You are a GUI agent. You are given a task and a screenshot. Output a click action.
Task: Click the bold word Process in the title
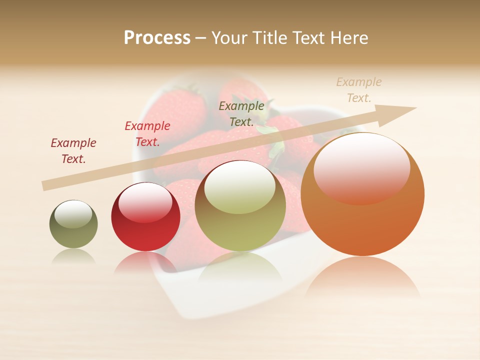pyautogui.click(x=157, y=38)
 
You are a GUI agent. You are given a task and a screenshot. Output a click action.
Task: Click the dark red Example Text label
pyautogui.click(x=73, y=151)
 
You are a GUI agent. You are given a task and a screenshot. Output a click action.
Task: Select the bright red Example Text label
pyautogui.click(x=147, y=134)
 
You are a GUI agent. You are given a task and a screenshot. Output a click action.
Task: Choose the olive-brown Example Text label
pyautogui.click(x=241, y=113)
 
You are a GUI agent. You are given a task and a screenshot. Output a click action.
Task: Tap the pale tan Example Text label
pyautogui.click(x=359, y=90)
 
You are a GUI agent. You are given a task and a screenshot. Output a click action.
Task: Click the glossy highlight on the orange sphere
pyautogui.click(x=361, y=168)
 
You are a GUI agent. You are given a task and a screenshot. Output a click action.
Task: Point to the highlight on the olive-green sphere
pyautogui.click(x=239, y=187)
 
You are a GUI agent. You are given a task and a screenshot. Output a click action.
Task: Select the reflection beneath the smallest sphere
pyautogui.click(x=73, y=255)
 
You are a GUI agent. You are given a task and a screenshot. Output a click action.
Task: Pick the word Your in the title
pyautogui.click(x=230, y=38)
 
